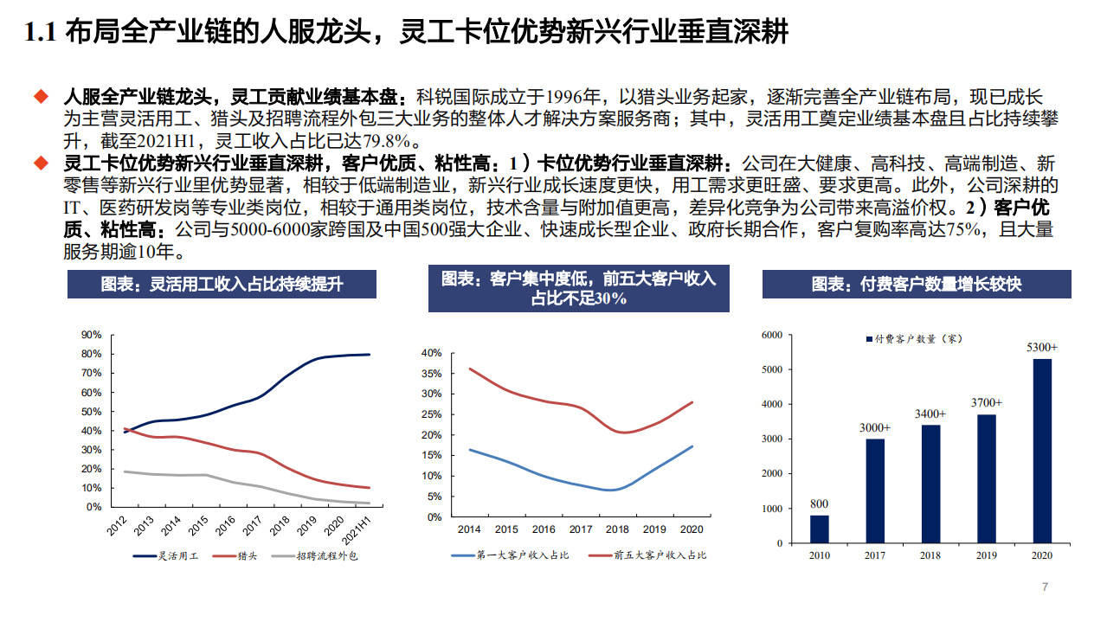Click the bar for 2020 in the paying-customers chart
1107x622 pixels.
[x=1042, y=451]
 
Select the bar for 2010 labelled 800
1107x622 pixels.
[x=819, y=529]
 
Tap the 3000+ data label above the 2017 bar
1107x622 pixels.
[x=875, y=427]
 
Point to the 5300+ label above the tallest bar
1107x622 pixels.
[x=1042, y=347]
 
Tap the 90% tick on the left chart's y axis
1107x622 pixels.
[x=91, y=335]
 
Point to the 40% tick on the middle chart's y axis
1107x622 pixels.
[x=431, y=353]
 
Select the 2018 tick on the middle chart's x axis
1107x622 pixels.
[x=617, y=529]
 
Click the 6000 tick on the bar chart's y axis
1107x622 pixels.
[x=770, y=335]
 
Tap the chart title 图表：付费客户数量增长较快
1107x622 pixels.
[x=917, y=284]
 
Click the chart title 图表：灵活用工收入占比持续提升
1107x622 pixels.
[x=222, y=284]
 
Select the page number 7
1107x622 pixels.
[x=1045, y=587]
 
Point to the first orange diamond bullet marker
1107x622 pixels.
[x=40, y=94]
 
